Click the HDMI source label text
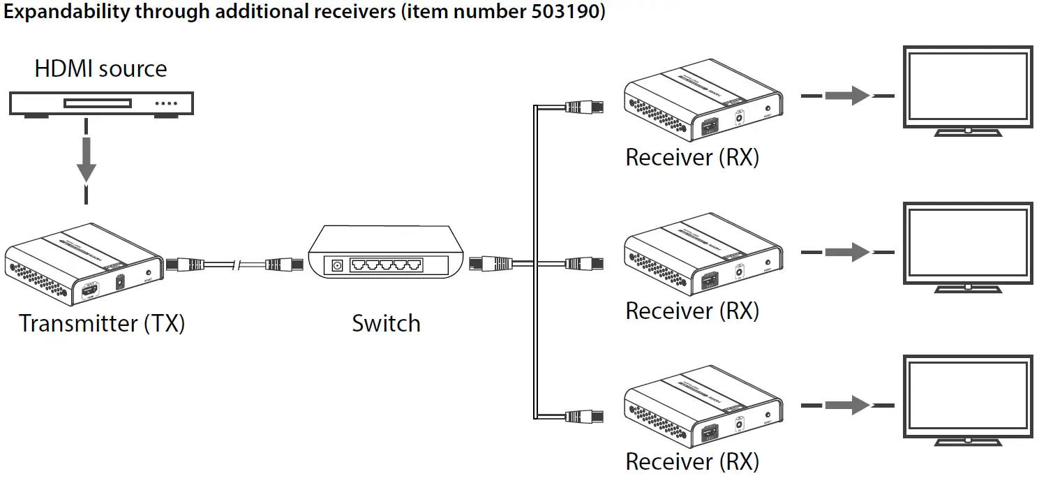pos(100,68)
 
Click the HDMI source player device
pos(101,103)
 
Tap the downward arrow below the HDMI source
pos(87,161)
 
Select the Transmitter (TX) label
pos(102,323)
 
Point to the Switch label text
pos(386,323)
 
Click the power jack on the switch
pos(338,265)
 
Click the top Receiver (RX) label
pos(692,157)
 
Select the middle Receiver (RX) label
pos(692,310)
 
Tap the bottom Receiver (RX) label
pos(692,461)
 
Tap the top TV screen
pos(967,86)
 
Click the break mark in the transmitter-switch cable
pos(239,265)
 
